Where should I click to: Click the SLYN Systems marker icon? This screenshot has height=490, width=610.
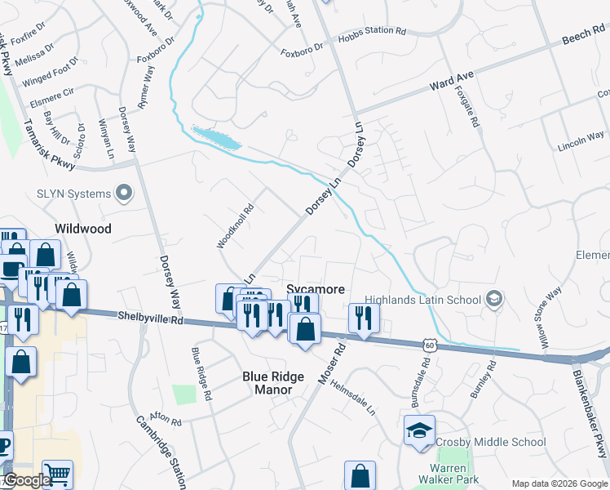click(124, 194)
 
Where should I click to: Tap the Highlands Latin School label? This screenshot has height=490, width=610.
click(422, 300)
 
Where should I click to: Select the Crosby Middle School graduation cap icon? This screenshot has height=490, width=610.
click(419, 430)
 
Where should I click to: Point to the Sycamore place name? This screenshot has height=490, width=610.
click(316, 289)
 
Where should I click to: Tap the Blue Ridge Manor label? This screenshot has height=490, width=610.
click(273, 384)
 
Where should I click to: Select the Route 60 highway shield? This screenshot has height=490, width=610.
click(429, 345)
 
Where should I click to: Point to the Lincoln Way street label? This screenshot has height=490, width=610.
click(581, 140)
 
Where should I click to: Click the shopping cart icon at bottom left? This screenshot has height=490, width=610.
click(57, 474)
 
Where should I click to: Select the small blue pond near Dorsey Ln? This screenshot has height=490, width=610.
click(216, 138)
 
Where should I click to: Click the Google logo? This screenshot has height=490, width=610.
click(26, 481)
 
